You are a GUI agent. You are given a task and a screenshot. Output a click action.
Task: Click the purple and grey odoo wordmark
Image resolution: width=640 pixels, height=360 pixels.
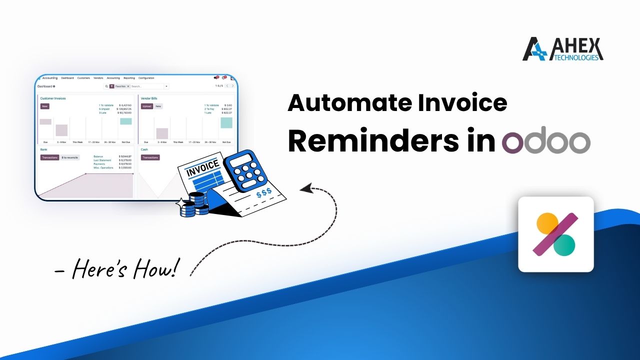click(546, 142)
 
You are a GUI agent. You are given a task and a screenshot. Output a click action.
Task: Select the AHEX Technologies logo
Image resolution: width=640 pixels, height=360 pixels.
click(562, 49)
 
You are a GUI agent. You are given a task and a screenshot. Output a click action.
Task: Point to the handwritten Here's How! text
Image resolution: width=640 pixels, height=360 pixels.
click(116, 269)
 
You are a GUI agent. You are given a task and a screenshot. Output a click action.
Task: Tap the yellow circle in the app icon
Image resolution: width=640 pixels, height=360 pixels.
click(547, 223)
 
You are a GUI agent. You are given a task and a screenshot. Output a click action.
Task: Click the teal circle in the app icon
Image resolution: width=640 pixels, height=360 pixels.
click(564, 244)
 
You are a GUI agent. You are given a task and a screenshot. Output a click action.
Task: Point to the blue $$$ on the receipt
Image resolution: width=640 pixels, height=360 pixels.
click(263, 192)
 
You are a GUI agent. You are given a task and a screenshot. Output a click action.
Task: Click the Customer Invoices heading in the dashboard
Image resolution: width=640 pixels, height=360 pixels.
click(52, 98)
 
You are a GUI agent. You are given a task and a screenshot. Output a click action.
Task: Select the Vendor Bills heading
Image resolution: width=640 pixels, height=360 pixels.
click(148, 98)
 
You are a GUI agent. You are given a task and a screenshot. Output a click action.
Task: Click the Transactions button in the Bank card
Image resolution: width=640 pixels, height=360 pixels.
click(49, 157)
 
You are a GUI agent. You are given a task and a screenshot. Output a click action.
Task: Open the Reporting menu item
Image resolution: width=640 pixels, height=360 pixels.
click(129, 78)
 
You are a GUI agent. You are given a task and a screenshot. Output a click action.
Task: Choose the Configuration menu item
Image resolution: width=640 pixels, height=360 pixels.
click(146, 78)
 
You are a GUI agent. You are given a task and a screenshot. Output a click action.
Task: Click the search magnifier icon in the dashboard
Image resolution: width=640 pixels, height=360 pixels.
click(106, 86)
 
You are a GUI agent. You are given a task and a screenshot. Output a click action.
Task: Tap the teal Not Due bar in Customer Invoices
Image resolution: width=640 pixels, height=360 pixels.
click(125, 121)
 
